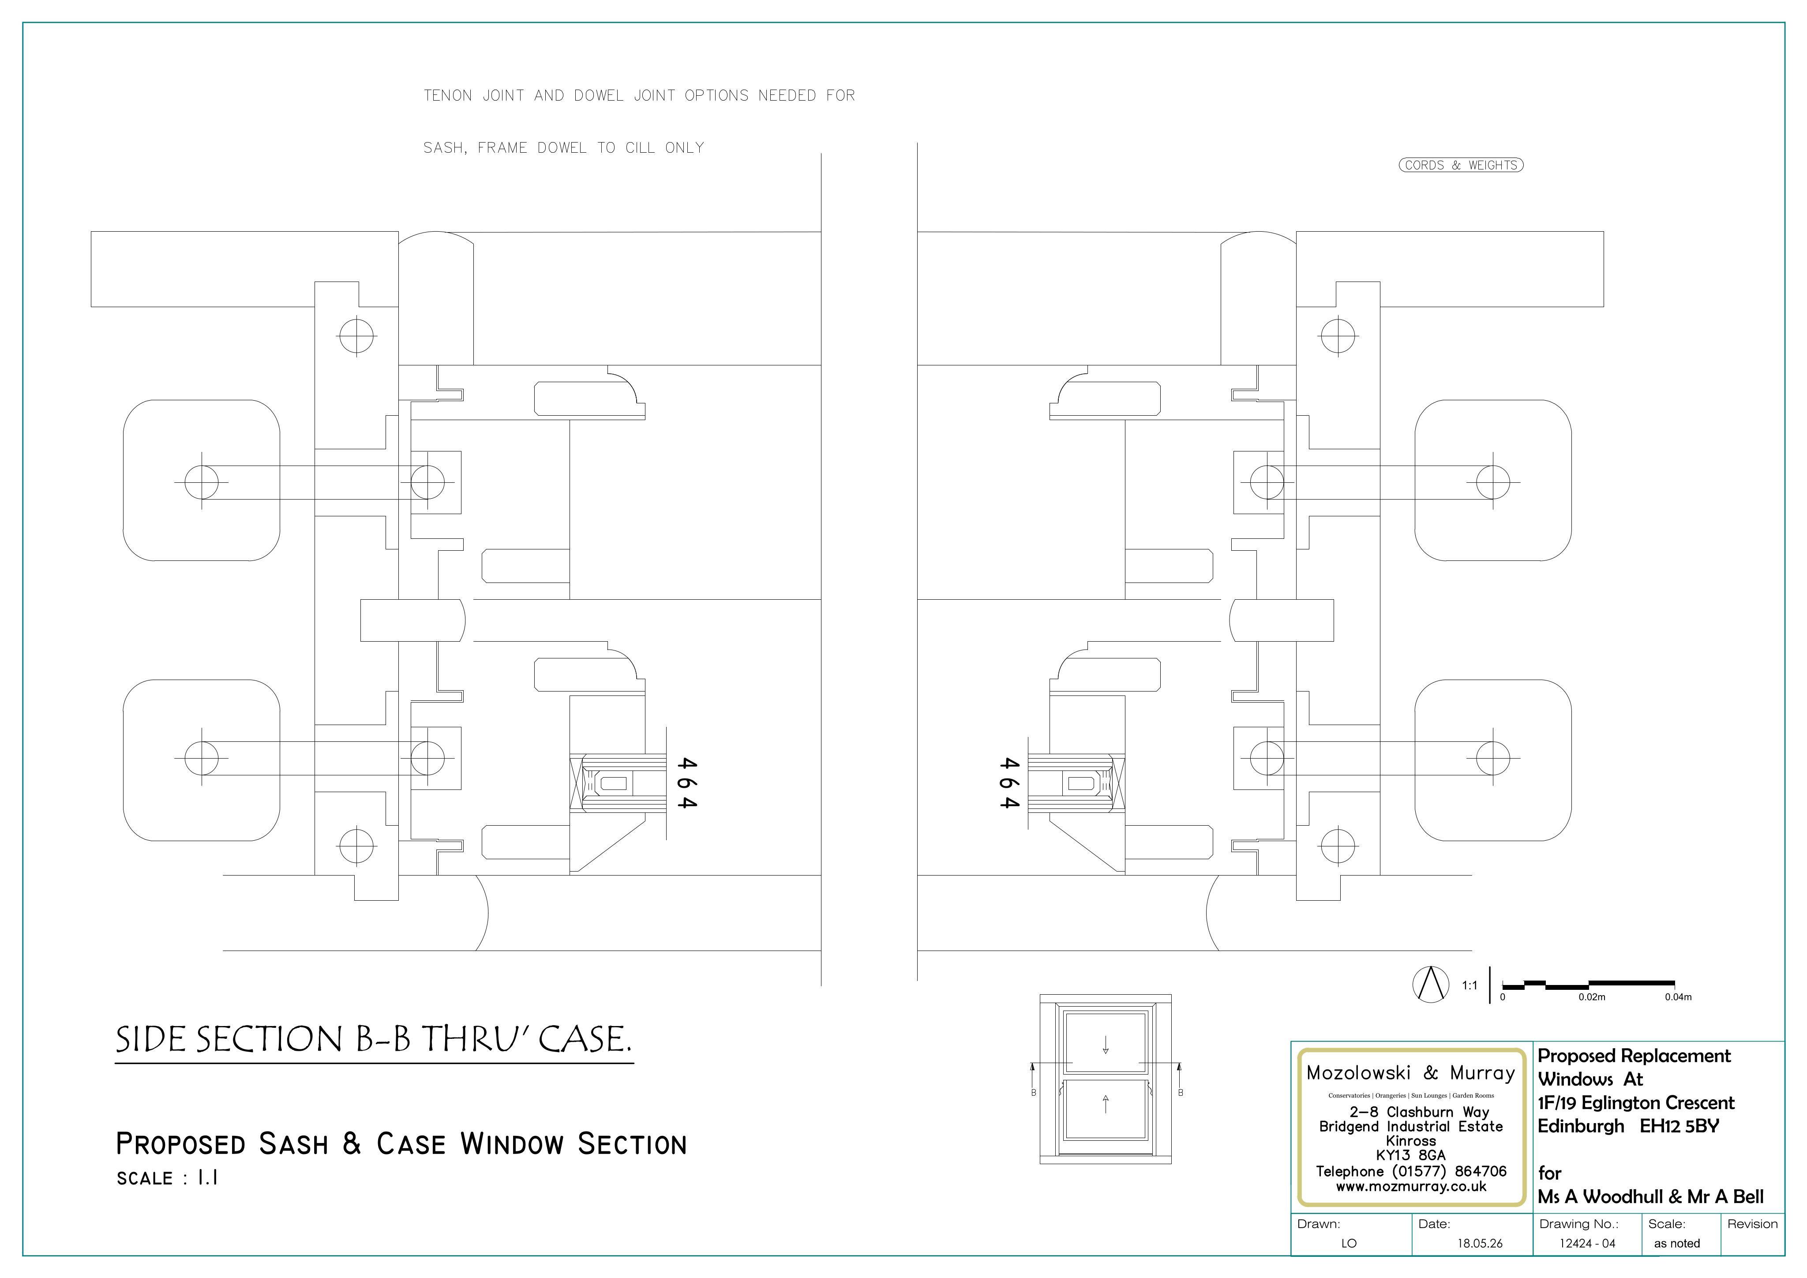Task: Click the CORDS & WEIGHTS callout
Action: click(1461, 165)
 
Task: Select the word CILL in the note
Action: click(641, 148)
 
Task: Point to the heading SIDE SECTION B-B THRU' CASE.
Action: click(374, 1039)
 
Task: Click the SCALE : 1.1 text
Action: click(167, 1178)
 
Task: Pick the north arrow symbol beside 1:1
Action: click(1431, 984)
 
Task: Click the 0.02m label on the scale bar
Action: click(1591, 997)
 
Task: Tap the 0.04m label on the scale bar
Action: click(1678, 997)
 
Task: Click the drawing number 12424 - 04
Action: click(1587, 1243)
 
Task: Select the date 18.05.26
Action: click(1480, 1243)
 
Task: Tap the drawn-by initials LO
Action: click(1349, 1243)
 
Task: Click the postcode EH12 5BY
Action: click(1680, 1126)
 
